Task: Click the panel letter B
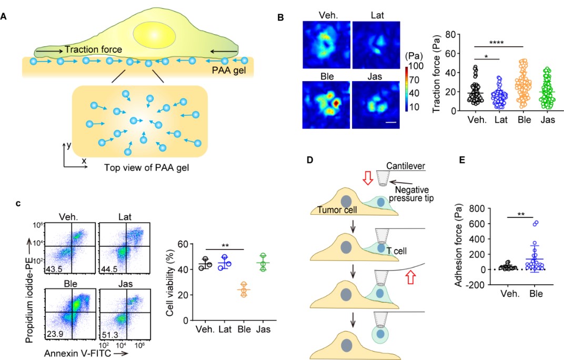[x=281, y=17]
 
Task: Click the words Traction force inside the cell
[x=94, y=50]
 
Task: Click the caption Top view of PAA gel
[x=139, y=168]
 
